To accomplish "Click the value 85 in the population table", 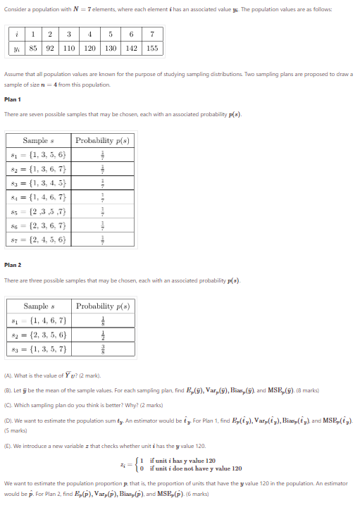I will tap(33, 49).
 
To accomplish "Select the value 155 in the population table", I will tap(152, 49).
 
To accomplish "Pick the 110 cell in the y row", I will tap(69, 49).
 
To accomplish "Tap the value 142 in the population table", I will tap(132, 49).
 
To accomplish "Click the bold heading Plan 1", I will tap(12, 99).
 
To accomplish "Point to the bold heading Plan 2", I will tap(12, 265).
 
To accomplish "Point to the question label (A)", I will tap(8, 378).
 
